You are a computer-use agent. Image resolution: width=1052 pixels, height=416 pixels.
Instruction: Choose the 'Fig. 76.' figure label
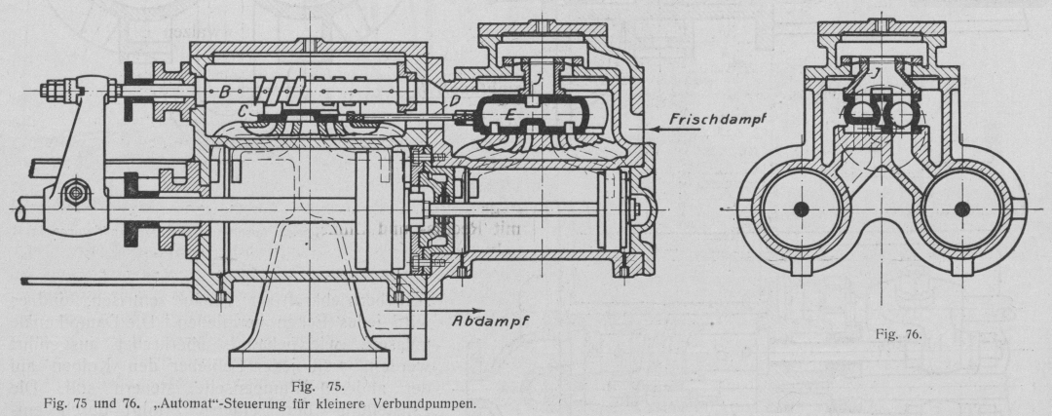point(897,334)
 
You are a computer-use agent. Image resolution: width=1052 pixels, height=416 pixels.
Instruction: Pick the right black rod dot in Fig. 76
point(963,208)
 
